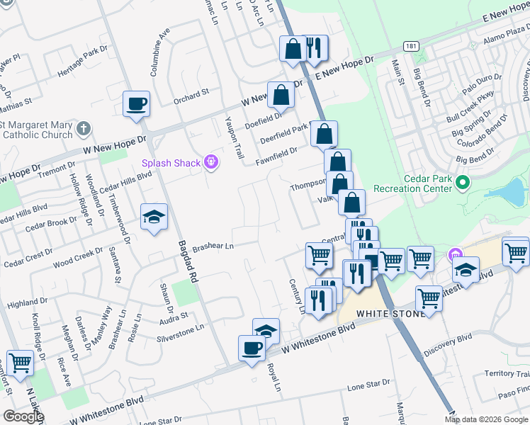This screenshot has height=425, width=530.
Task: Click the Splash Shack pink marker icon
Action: pyautogui.click(x=210, y=163)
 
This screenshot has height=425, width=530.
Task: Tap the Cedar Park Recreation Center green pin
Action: pyautogui.click(x=463, y=183)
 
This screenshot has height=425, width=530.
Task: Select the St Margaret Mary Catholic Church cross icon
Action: pyautogui.click(x=84, y=129)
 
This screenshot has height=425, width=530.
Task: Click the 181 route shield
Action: pyautogui.click(x=411, y=47)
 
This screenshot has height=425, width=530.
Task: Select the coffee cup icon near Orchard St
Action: pyautogui.click(x=137, y=104)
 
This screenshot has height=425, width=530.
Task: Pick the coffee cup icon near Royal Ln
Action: pyautogui.click(x=252, y=348)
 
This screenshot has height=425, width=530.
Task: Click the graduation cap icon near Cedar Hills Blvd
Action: pyautogui.click(x=154, y=217)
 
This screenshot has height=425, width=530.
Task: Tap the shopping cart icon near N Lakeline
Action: pyautogui.click(x=21, y=363)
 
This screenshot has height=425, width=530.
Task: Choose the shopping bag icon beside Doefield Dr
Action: pyautogui.click(x=281, y=94)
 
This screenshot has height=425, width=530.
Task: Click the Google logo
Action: pyautogui.click(x=23, y=416)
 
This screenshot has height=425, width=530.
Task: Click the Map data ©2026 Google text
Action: pyautogui.click(x=486, y=419)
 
